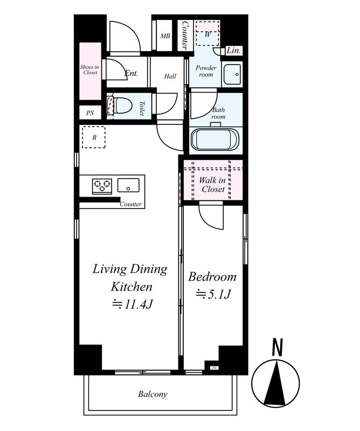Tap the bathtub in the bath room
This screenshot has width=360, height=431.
pyautogui.click(x=216, y=140)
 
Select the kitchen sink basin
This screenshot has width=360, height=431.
pyautogui.click(x=128, y=185)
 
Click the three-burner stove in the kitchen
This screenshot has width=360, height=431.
pyautogui.click(x=102, y=186)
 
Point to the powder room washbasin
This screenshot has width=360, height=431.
pyautogui.click(x=232, y=74)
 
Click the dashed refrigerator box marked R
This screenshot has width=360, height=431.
pyautogui.click(x=94, y=137)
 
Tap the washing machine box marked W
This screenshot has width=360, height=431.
pyautogui.click(x=207, y=33)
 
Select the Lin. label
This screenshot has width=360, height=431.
pyautogui.click(x=233, y=51)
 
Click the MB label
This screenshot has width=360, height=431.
pyautogui.click(x=165, y=36)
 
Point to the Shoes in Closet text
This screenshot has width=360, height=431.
pyautogui.click(x=90, y=70)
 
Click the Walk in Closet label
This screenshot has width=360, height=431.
pyautogui.click(x=213, y=185)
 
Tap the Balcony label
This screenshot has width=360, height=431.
pyautogui.click(x=153, y=394)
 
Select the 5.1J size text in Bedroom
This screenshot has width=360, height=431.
pyautogui.click(x=213, y=294)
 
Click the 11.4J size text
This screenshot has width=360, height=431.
pyautogui.click(x=132, y=304)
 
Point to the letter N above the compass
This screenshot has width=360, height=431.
pyautogui.click(x=278, y=347)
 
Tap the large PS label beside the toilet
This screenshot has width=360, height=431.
pyautogui.click(x=90, y=113)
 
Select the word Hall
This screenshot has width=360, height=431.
pyautogui.click(x=170, y=76)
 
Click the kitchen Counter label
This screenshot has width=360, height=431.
pyautogui.click(x=130, y=204)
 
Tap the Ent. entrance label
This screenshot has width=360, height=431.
pyautogui.click(x=131, y=73)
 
